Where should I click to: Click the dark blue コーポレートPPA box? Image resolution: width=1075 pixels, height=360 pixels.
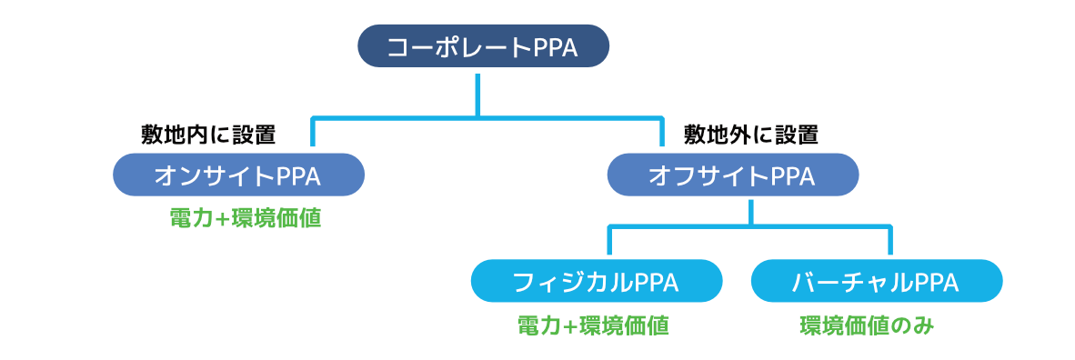[482, 47]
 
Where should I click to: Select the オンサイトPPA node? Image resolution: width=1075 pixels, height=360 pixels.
[238, 175]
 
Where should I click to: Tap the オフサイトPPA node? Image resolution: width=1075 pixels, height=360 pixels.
[732, 175]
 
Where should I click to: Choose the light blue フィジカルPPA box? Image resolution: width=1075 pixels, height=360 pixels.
[596, 282]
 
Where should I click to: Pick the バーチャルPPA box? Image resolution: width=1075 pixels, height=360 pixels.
[876, 282]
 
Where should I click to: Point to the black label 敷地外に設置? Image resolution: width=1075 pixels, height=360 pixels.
[751, 135]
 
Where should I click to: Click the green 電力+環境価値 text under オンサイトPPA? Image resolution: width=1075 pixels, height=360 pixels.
[246, 219]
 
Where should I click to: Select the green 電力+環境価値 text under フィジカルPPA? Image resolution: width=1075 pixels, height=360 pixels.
[593, 326]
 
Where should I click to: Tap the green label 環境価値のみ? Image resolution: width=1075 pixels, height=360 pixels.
[867, 326]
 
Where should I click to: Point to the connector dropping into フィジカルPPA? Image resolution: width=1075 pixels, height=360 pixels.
[609, 244]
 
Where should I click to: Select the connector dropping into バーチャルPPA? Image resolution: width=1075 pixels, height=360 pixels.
[889, 244]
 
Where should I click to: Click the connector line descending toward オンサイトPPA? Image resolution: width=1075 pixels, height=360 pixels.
[312, 132]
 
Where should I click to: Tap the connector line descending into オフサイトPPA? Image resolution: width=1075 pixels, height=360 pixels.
[662, 132]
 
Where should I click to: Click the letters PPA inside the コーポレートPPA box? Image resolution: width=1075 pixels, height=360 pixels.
[554, 47]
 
